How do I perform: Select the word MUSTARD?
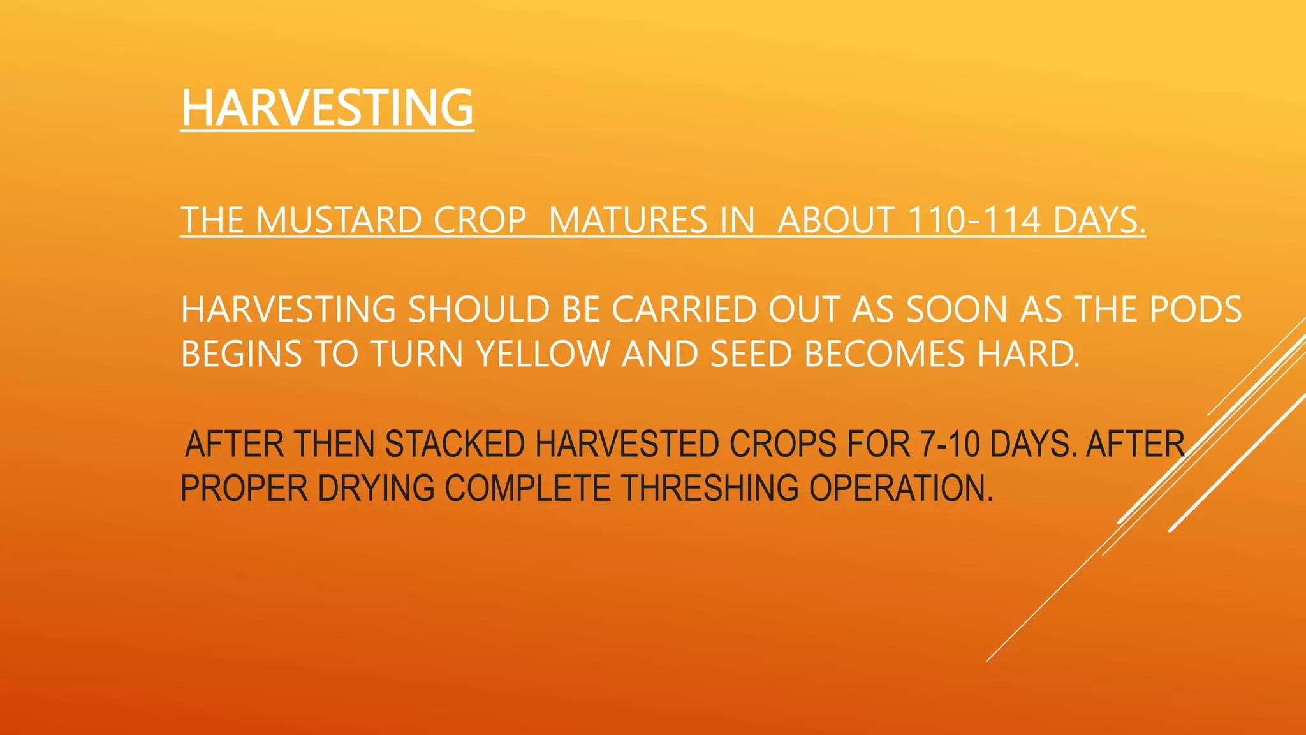tap(339, 220)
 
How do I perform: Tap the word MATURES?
tap(627, 220)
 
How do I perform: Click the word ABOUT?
tap(836, 220)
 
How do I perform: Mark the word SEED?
tap(751, 354)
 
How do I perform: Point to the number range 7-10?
tap(950, 444)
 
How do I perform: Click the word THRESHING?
tap(710, 489)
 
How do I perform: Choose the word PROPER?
tap(244, 489)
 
